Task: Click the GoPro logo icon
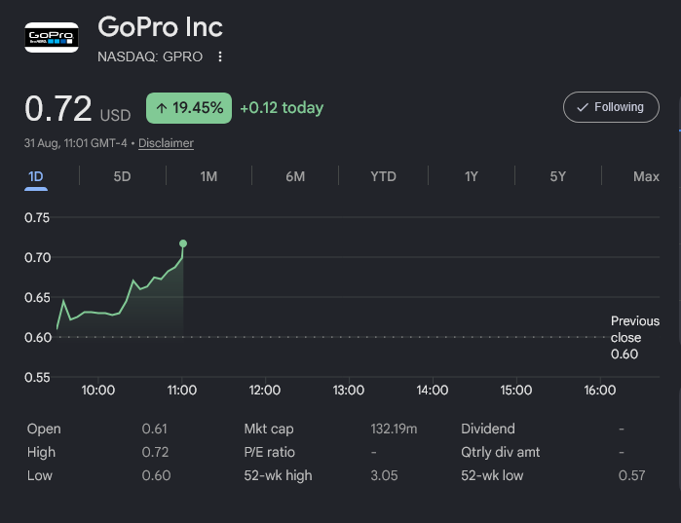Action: (52, 37)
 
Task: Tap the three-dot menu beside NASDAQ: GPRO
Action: (220, 56)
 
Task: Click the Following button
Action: (611, 107)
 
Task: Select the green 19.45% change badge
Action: (189, 108)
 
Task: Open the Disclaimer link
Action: (166, 143)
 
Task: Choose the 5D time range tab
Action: (122, 176)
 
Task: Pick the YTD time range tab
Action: (383, 176)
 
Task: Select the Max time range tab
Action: (646, 176)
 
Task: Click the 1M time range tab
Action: (208, 176)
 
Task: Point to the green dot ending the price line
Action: (183, 243)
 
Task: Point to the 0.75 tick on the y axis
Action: (37, 217)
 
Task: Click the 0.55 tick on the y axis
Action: (37, 377)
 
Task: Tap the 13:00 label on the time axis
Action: (349, 391)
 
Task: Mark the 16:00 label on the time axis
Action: (600, 391)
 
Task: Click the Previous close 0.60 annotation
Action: (635, 338)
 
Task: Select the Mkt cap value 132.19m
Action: (394, 429)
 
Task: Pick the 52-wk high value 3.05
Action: (384, 475)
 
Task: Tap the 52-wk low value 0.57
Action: (631, 475)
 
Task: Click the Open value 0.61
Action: (154, 429)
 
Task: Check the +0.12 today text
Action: (282, 108)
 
